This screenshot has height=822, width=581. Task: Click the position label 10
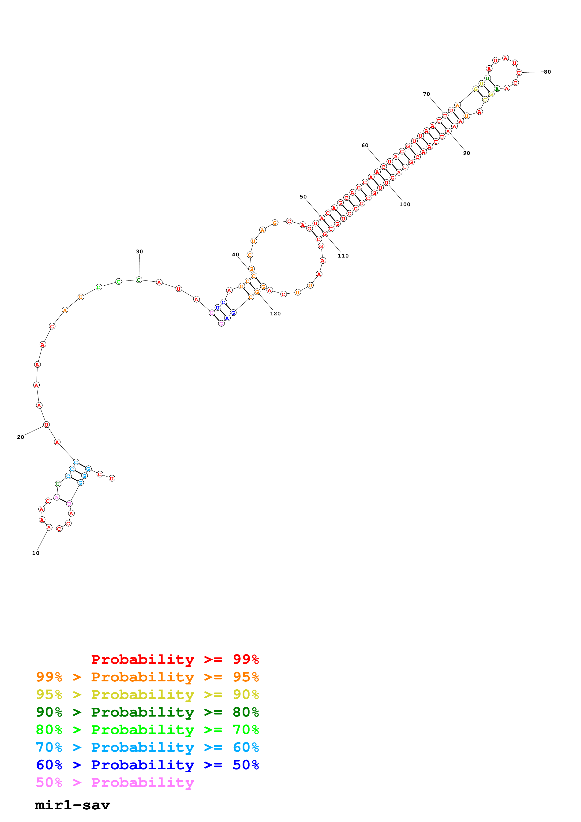[x=36, y=553]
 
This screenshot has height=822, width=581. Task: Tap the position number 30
[x=139, y=252]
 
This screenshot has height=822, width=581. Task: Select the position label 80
[x=547, y=72]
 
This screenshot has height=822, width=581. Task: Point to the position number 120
[x=275, y=314]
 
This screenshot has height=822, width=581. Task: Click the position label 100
[x=405, y=204]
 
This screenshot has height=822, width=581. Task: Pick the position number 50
[x=303, y=197]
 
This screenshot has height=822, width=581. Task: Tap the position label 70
[x=426, y=94]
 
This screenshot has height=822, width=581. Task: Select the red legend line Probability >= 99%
[x=175, y=659]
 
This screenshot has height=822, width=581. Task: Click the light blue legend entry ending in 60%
[x=147, y=747]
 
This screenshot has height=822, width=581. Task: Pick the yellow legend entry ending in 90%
[x=147, y=695]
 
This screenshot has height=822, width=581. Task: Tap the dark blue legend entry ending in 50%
[x=147, y=765]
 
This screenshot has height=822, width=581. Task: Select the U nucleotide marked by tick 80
[x=519, y=73]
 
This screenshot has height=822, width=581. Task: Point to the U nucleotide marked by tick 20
[x=46, y=425]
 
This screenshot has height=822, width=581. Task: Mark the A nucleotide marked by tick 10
[x=49, y=527]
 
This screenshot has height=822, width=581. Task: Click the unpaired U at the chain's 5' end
[x=112, y=478]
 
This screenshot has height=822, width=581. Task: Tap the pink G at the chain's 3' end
[x=221, y=324]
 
